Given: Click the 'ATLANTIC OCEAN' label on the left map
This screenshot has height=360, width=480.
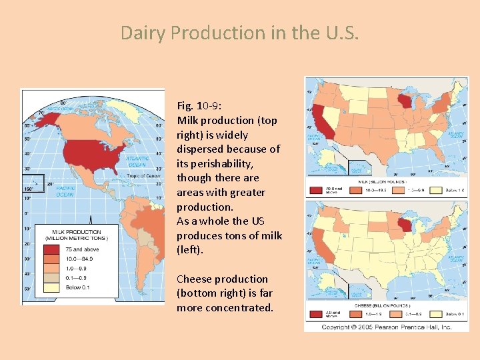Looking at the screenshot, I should pos(137,161).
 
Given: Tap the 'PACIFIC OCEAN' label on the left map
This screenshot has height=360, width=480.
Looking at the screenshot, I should pos(65,191).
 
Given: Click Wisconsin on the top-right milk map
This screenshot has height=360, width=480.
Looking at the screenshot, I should pos(405,103).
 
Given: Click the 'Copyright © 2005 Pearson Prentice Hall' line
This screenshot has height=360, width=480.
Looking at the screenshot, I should pos(387,327).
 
